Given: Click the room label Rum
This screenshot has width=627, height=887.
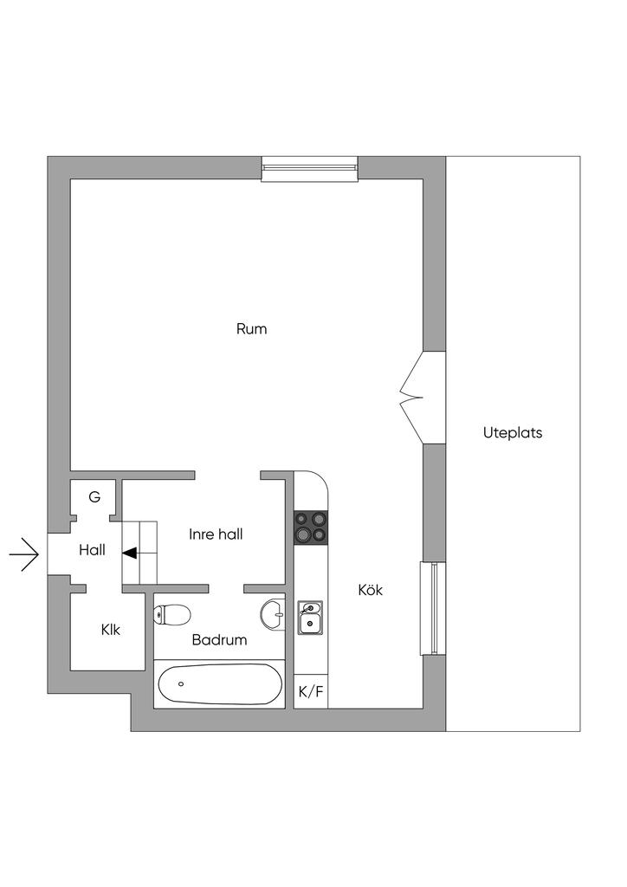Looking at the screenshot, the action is click(x=252, y=328).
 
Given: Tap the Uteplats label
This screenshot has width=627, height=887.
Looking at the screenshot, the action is click(x=512, y=433).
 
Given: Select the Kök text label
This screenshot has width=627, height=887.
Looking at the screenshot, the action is click(x=371, y=590).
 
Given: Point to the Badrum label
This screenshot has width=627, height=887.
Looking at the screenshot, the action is click(x=219, y=640).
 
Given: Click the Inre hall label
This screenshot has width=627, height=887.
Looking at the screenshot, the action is click(x=216, y=534).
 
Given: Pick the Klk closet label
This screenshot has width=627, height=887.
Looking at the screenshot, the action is click(x=111, y=630).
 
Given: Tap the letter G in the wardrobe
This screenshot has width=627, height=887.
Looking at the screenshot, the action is click(x=94, y=497).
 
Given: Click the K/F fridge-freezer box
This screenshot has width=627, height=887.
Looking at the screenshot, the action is click(x=311, y=691).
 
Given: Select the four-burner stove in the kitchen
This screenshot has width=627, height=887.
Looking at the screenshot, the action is click(x=310, y=528).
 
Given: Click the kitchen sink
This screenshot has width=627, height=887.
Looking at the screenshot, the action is click(x=310, y=618).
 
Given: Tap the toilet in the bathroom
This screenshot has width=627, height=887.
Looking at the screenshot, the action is click(x=171, y=614).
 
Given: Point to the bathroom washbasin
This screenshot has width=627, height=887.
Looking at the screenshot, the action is click(x=273, y=613).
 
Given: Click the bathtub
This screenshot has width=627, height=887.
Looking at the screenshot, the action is click(x=219, y=684).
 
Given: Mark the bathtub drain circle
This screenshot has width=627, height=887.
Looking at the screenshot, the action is click(x=181, y=684).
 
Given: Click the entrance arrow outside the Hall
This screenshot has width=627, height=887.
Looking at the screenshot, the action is click(x=23, y=554).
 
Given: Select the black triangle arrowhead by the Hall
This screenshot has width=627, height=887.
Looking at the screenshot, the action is click(x=130, y=554).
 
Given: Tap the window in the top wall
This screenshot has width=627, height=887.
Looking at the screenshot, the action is click(x=310, y=168).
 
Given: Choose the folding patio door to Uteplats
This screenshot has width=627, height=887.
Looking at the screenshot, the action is click(x=423, y=397).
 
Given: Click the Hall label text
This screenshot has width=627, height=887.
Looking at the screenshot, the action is click(x=92, y=550).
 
